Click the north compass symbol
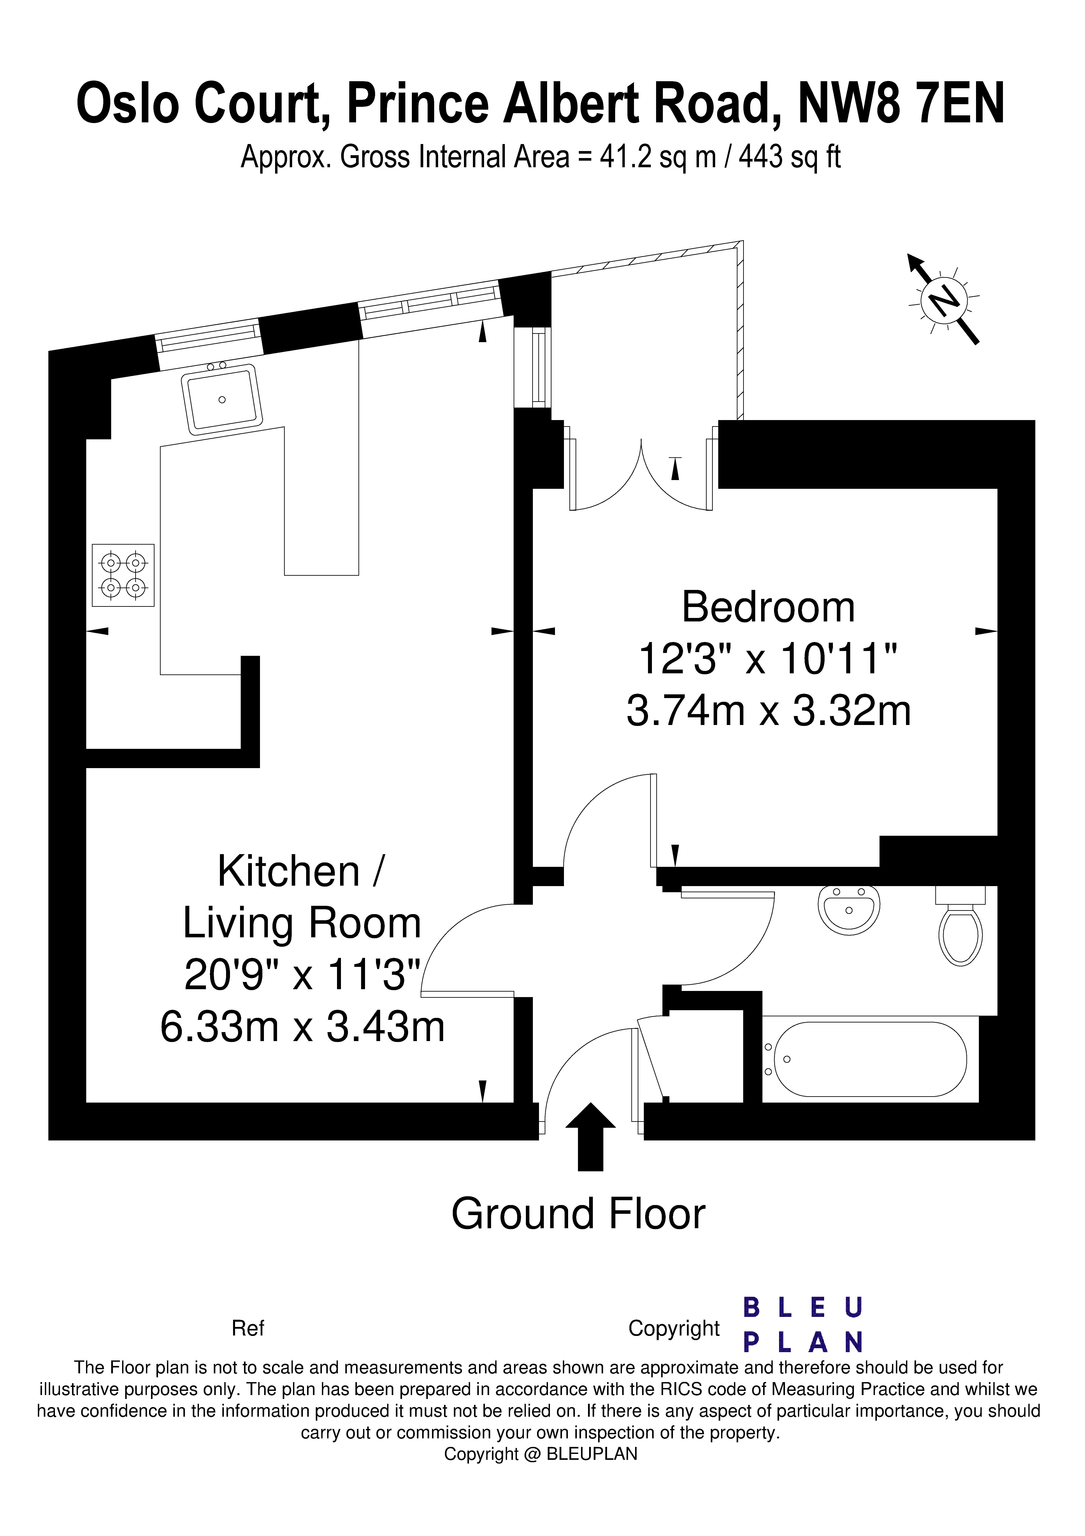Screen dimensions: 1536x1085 point(944,299)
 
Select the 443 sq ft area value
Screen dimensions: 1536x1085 point(789,157)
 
